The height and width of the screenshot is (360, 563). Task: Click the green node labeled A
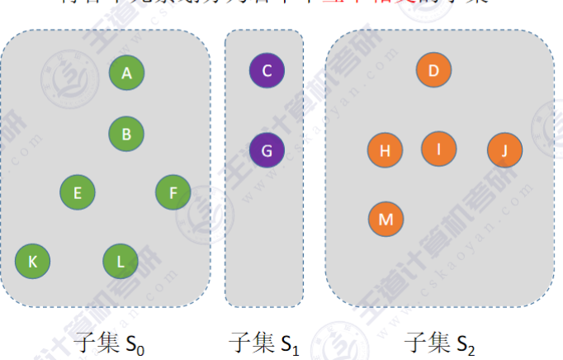point(126,73)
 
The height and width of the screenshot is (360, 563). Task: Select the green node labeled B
point(126,134)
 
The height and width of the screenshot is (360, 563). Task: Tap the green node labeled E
point(78,193)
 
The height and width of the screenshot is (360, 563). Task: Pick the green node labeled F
point(173,193)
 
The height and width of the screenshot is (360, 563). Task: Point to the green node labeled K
point(33,261)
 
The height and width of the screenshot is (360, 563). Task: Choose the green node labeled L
point(121,262)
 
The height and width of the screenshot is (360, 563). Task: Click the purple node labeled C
point(267,71)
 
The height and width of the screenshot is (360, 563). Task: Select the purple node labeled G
point(267,151)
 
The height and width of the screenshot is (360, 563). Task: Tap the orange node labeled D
point(434,71)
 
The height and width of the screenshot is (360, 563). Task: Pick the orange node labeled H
point(385,150)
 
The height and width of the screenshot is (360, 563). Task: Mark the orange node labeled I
point(439,149)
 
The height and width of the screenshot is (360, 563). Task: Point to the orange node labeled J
point(504,150)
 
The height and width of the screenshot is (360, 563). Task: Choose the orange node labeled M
point(386,219)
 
